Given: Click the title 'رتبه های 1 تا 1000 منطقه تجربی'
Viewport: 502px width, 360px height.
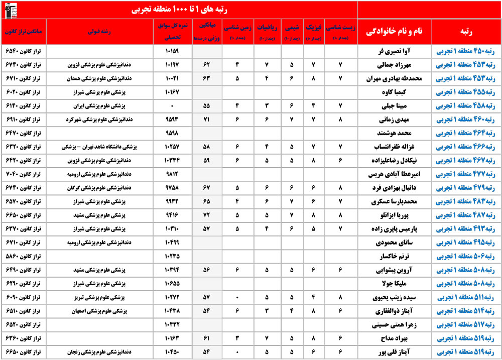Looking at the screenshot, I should tap(179, 10).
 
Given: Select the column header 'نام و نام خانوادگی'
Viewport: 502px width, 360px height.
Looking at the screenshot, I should tap(396, 31).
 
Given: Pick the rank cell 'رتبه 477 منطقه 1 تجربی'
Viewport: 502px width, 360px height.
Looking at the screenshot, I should tap(466, 174).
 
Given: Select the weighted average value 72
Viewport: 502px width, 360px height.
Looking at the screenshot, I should tap(206, 215).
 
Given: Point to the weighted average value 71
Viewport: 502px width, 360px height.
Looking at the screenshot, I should tap(206, 119).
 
